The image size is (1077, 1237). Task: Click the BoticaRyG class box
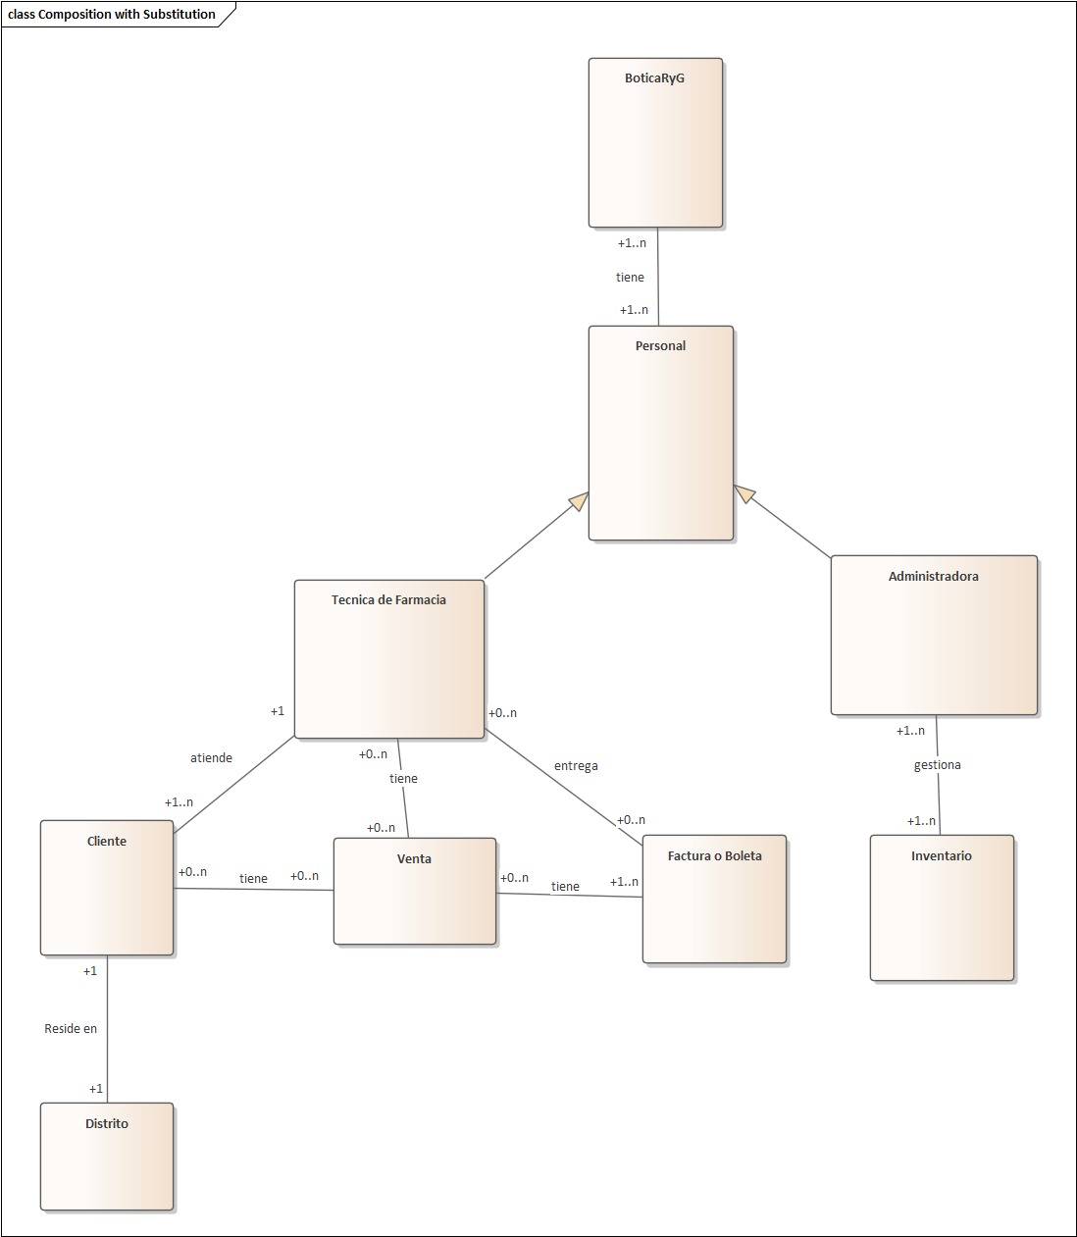(655, 142)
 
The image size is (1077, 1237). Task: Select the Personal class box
(660, 433)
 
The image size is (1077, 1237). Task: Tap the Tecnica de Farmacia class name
(388, 600)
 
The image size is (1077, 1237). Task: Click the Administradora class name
(933, 577)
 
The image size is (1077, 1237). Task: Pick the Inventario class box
(941, 907)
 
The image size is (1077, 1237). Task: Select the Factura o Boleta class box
(714, 899)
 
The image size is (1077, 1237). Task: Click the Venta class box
(414, 891)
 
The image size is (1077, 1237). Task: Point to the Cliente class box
(106, 888)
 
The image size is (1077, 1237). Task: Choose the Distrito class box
(106, 1157)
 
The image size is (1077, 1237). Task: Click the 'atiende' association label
(211, 758)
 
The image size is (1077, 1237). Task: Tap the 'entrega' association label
(576, 766)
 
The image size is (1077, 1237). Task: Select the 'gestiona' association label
(937, 765)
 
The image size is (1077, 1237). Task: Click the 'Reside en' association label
(71, 1029)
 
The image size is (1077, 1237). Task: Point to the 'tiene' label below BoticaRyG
(630, 278)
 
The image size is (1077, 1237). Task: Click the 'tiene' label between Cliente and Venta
(253, 879)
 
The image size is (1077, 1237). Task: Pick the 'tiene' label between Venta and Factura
(565, 887)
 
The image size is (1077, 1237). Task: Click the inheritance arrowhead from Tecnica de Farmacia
(578, 501)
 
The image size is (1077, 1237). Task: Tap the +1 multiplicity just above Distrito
(95, 1089)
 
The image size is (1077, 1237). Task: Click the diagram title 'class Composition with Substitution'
(112, 15)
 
